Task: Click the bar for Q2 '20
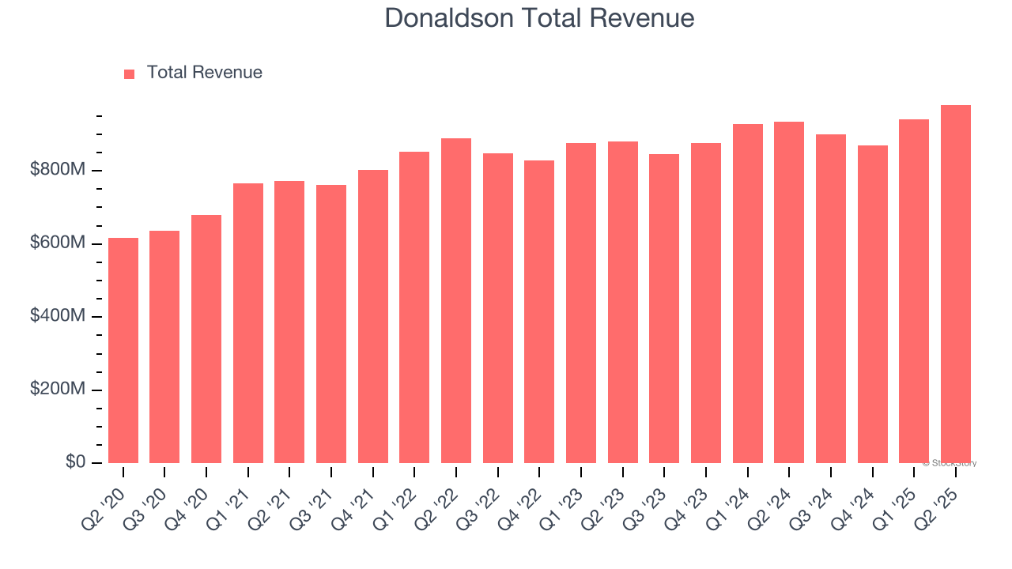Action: point(123,350)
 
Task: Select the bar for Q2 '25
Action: point(955,284)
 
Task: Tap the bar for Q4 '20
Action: point(206,339)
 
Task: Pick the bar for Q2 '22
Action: point(456,300)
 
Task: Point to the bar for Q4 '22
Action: point(539,311)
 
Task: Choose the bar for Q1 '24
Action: point(747,293)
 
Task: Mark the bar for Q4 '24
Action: point(872,304)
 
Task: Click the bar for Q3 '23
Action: point(664,308)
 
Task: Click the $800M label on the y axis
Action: point(58,170)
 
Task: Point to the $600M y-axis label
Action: point(58,243)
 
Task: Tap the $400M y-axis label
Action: point(58,316)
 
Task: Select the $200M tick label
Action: point(58,390)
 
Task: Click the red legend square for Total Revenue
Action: point(130,73)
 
